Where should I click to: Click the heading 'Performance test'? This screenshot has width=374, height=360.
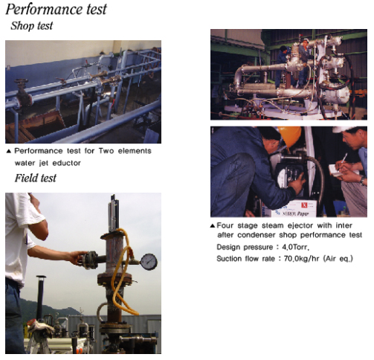tap(56, 10)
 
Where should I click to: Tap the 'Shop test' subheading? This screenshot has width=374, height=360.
tap(32, 26)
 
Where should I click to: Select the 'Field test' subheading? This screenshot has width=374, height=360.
tap(36, 178)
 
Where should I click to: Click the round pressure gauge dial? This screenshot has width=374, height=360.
tap(149, 262)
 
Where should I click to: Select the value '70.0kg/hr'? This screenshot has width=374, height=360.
tap(301, 259)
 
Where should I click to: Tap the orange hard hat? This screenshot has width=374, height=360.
tap(290, 135)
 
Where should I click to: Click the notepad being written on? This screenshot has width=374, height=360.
tap(337, 170)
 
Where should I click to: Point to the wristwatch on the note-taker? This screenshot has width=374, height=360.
tap(362, 180)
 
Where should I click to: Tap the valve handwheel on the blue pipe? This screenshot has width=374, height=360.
tap(22, 82)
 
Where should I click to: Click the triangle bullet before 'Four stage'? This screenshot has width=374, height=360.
tap(213, 225)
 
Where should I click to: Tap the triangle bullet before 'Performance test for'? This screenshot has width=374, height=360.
tap(9, 151)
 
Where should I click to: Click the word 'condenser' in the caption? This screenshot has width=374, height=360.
tap(257, 235)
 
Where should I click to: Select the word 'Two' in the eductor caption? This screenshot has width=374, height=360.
tap(106, 151)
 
